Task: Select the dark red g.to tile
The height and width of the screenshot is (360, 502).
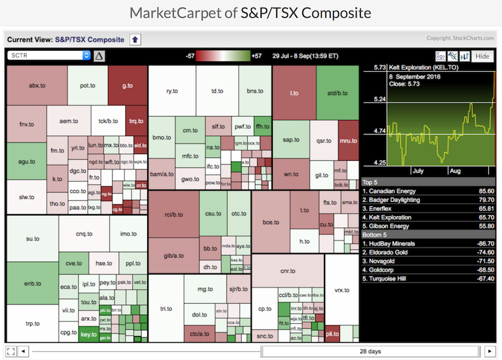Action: [127, 85]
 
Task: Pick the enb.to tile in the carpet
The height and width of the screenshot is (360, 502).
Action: [32, 284]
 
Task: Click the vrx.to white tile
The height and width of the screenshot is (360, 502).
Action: [341, 290]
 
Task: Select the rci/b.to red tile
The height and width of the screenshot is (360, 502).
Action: [174, 214]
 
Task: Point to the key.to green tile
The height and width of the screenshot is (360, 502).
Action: [89, 334]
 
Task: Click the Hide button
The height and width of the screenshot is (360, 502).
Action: [482, 56]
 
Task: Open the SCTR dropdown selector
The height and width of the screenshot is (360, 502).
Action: [49, 56]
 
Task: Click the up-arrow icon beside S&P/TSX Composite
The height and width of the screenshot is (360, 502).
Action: [136, 40]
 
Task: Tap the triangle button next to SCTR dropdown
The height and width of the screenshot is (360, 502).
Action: [99, 56]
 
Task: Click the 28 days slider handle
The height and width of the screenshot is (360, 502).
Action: [370, 351]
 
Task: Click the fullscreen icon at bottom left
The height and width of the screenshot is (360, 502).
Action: [11, 351]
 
